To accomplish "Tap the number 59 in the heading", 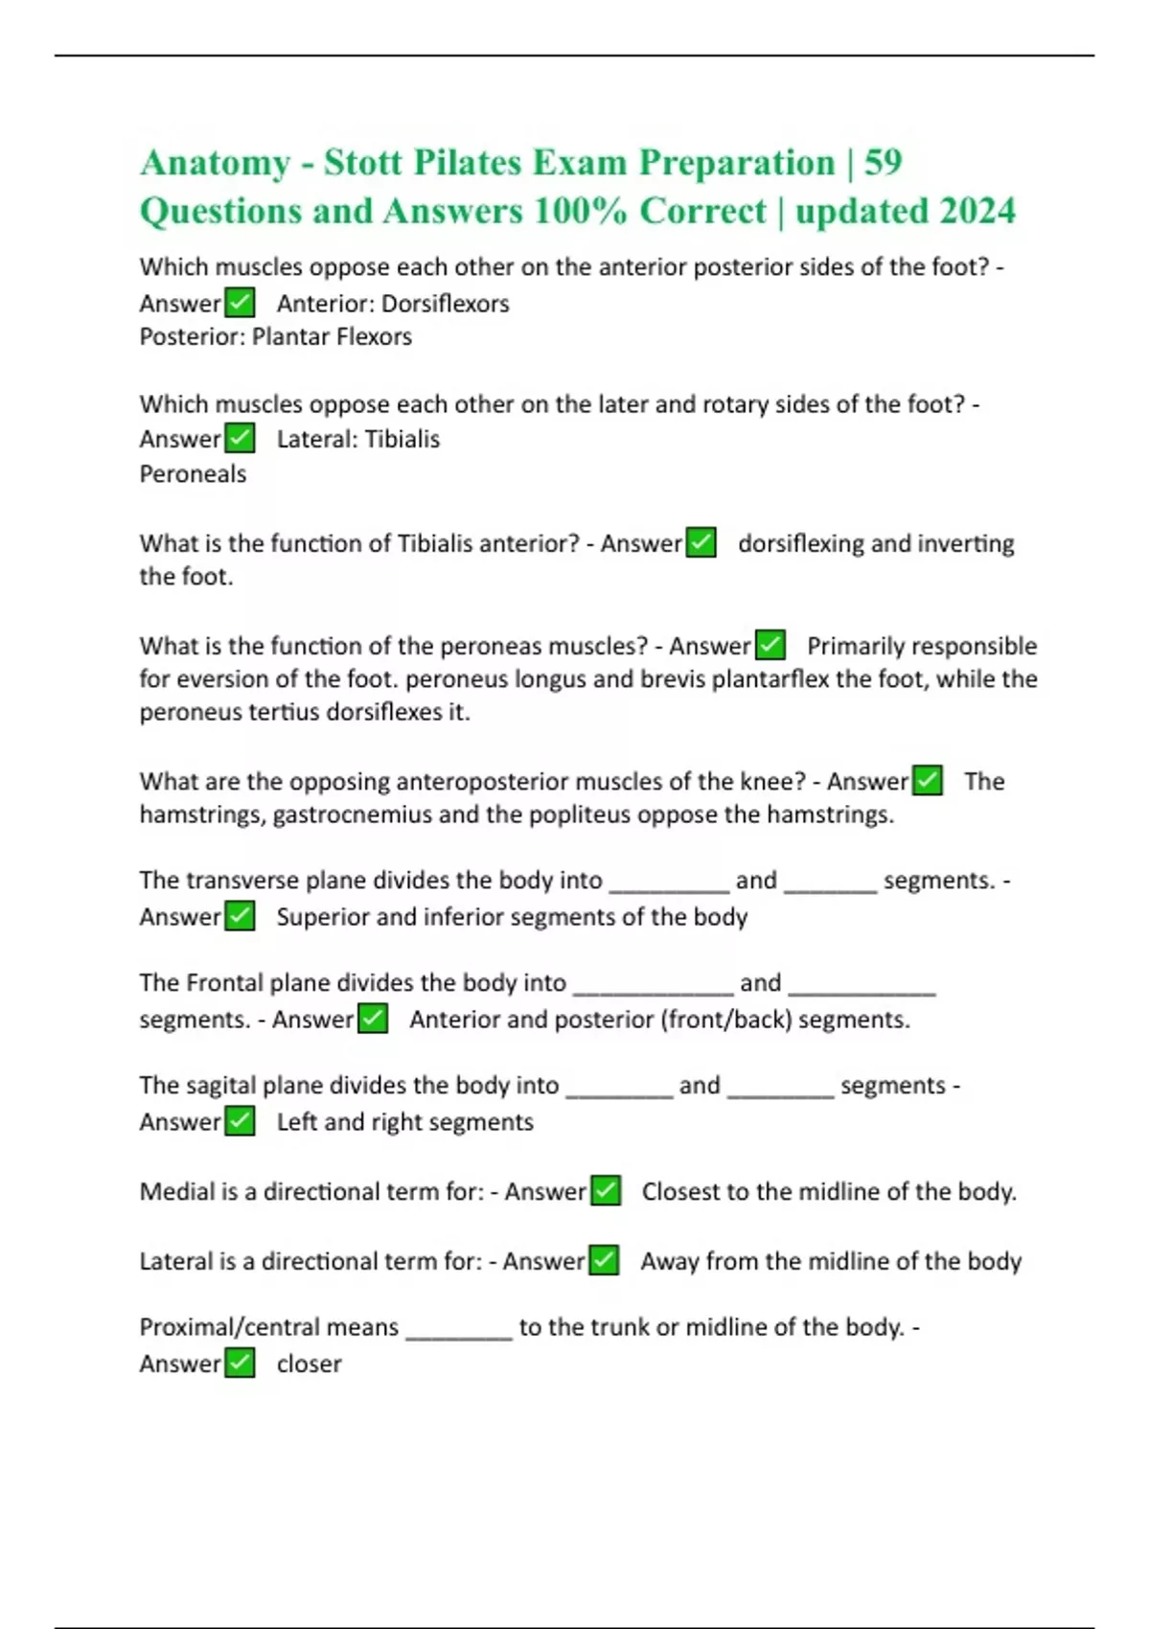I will [883, 163].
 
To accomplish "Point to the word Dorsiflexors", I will [446, 304].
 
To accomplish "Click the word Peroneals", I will [193, 473].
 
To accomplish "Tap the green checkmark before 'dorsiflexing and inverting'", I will [701, 542].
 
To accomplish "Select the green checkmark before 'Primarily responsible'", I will [770, 645].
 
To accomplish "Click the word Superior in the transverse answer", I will [323, 917].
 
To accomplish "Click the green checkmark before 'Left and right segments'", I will [240, 1121].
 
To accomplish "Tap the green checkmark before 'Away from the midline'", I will [604, 1260].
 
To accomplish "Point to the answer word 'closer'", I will [309, 1364].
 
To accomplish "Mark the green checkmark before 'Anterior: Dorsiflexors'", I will [240, 303].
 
